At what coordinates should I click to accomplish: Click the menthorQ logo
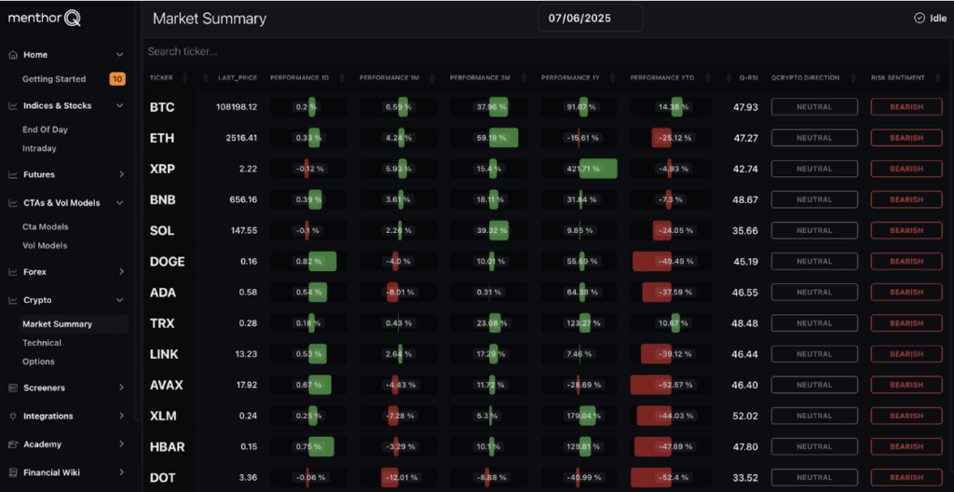46,18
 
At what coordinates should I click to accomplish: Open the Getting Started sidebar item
54,79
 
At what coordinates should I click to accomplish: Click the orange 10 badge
117,79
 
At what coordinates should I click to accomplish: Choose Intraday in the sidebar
39,148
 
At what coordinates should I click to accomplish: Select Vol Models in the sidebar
45,246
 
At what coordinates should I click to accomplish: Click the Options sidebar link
38,362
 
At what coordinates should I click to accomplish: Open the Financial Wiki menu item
51,472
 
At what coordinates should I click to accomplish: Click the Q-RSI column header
748,77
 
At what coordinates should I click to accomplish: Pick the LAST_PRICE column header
237,77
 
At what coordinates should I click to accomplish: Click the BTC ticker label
162,107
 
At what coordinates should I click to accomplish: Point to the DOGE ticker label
167,262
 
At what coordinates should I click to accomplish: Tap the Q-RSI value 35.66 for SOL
745,230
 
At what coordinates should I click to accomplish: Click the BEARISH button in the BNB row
906,199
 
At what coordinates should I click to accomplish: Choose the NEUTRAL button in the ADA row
813,293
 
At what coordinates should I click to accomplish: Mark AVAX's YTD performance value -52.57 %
670,385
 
